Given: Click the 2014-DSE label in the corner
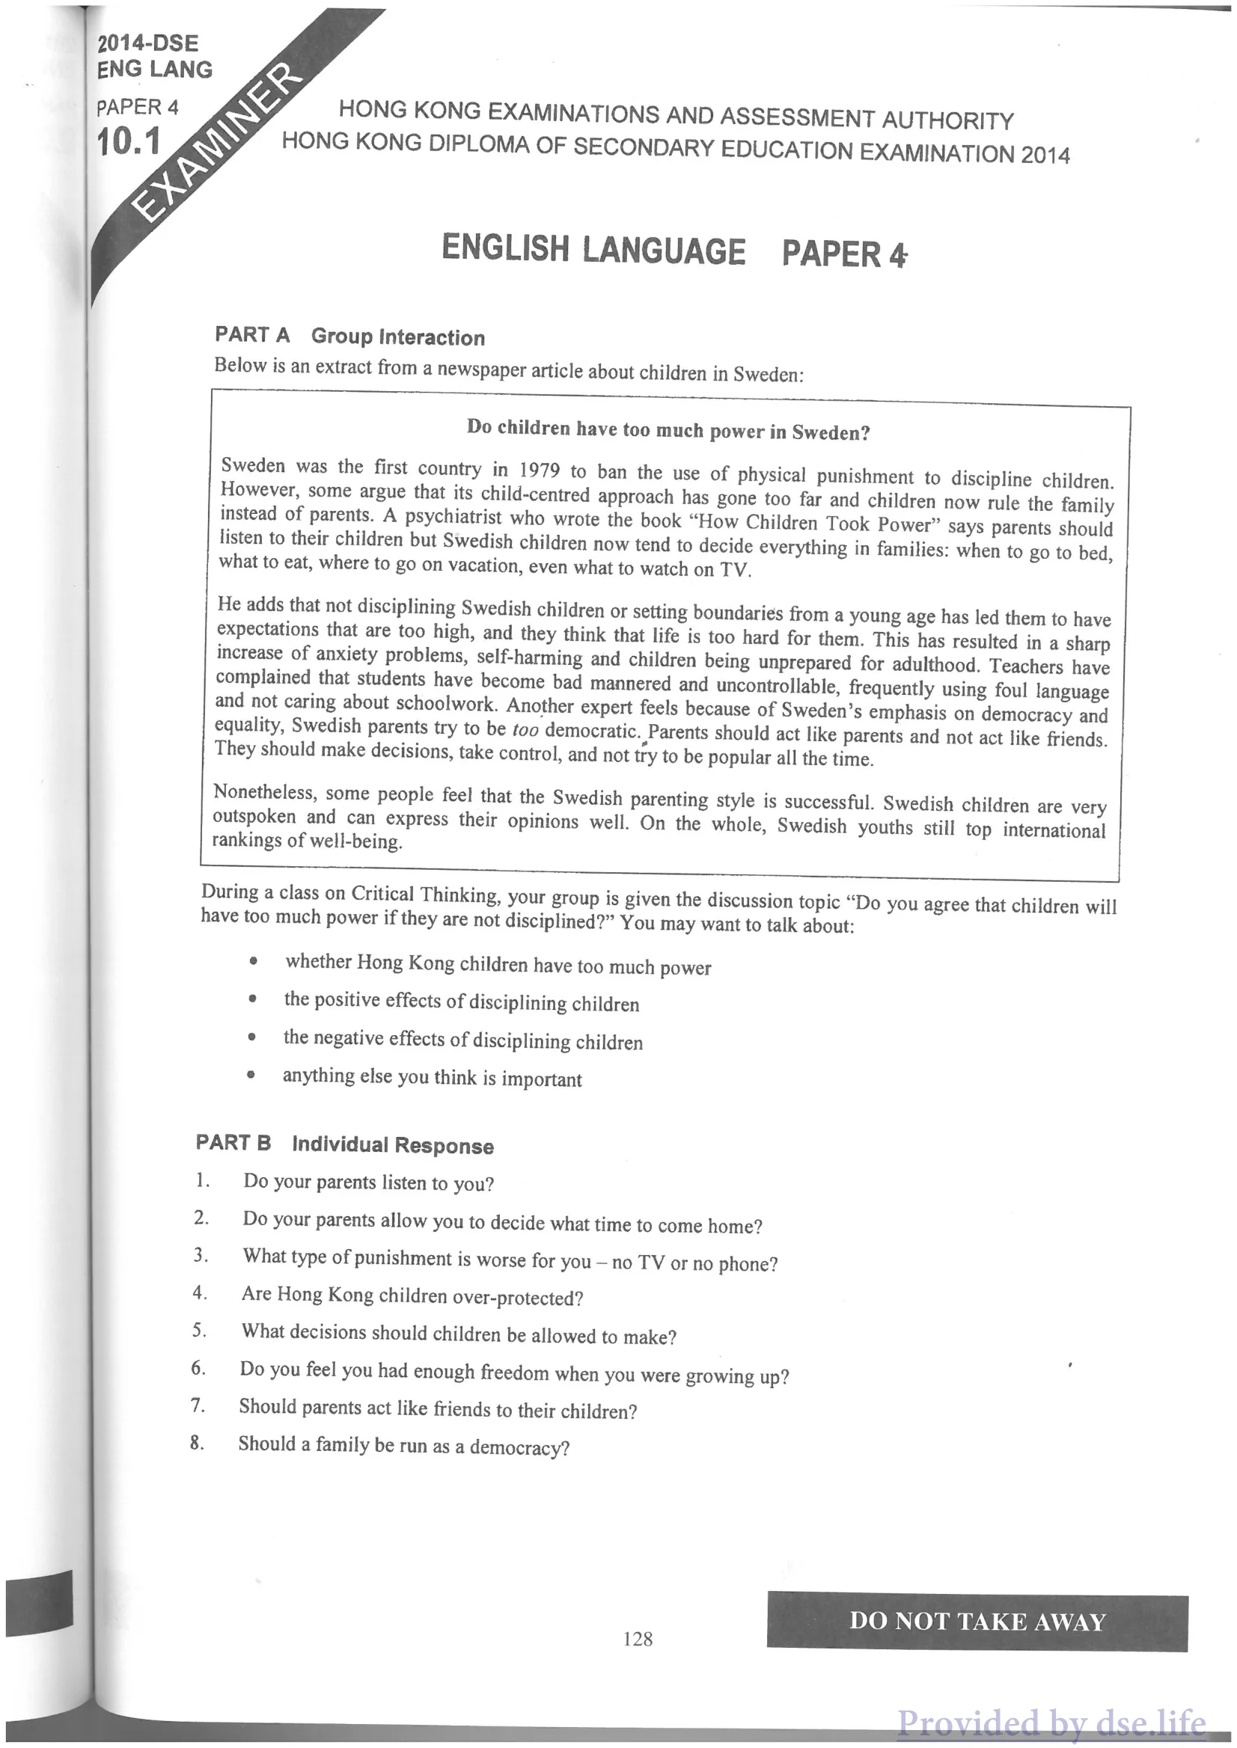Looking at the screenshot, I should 147,43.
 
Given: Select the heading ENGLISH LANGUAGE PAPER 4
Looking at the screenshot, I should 674,251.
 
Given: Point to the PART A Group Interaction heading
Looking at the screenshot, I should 349,336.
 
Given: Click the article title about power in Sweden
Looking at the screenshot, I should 668,430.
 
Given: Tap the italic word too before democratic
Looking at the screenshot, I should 525,729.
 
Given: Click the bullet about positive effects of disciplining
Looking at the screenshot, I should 461,1002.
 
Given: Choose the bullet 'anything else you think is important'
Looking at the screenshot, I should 432,1077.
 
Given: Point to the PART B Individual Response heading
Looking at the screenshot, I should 344,1144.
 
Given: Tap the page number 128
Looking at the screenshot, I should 638,1639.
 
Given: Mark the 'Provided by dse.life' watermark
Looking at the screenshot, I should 1051,1722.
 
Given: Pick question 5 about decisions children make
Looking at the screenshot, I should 459,1334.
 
